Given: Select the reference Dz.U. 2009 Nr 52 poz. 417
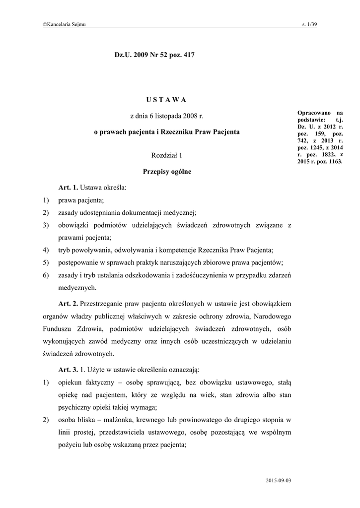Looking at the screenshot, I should click(x=154, y=55).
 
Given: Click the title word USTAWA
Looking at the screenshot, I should click(x=166, y=100).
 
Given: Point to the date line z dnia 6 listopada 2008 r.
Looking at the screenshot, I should click(x=167, y=116).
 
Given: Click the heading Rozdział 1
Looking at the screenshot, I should click(x=167, y=156).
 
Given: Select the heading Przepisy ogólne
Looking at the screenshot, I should click(x=167, y=172).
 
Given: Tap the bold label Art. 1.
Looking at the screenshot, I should click(x=69, y=188).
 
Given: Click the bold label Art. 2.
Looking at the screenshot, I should click(x=69, y=303).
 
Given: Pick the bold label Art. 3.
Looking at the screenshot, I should click(x=69, y=370).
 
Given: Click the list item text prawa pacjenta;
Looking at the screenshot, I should click(x=81, y=200).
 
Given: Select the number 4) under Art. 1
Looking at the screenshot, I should click(x=46, y=250).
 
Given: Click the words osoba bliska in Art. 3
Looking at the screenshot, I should click(x=75, y=420).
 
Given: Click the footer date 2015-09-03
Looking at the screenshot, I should click(x=278, y=481).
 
